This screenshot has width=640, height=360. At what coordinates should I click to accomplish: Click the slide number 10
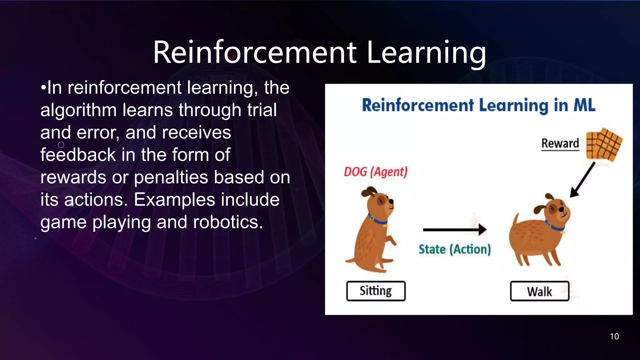614,336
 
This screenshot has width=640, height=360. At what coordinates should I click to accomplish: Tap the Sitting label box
376,291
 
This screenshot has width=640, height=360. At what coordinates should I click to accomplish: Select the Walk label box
539,291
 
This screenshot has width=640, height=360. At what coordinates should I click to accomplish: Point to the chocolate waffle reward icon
604,144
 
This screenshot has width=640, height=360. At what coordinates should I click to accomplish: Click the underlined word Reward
560,143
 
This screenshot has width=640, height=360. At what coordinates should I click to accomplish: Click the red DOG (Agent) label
376,172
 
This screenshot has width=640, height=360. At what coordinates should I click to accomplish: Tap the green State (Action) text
455,249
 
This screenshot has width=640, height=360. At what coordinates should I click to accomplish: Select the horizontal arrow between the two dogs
454,229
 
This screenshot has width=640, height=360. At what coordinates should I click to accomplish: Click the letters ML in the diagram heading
584,105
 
